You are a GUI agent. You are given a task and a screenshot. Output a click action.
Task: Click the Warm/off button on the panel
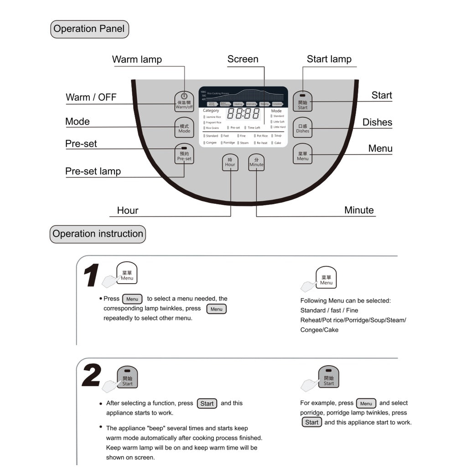tap(184, 101)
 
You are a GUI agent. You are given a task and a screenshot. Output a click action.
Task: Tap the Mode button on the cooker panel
tap(184, 128)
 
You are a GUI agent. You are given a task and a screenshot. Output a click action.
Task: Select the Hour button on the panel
tap(230, 162)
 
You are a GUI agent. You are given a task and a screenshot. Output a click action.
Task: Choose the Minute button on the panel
tap(256, 162)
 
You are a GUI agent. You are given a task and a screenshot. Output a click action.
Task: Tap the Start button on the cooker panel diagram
tap(303, 102)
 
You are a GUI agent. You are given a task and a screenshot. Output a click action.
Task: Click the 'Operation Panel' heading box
tap(89, 29)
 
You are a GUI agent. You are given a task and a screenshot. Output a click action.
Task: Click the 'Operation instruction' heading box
tap(98, 234)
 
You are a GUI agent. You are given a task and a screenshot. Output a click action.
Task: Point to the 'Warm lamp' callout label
tap(137, 59)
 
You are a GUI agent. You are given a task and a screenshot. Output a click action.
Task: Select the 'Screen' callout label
tap(243, 59)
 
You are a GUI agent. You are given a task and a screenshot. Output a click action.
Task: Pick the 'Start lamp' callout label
tap(329, 59)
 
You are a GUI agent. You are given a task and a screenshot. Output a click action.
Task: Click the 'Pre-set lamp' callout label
tap(93, 171)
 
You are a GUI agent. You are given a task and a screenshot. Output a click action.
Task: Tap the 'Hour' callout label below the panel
tap(128, 210)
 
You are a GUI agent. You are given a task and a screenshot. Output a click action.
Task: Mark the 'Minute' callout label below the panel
tap(359, 210)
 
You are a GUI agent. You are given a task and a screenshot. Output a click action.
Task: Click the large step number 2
tap(92, 376)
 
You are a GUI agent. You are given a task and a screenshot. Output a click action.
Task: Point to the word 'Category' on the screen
tap(211, 110)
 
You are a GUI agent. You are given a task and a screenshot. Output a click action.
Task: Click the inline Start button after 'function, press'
tap(207, 404)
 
